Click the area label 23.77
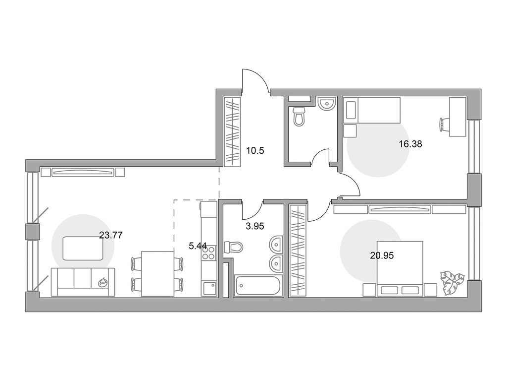click(110, 236)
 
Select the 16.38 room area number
click(410, 144)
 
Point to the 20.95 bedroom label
click(382, 255)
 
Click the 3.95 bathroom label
click(255, 226)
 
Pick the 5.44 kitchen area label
click(198, 245)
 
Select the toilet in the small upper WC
click(299, 118)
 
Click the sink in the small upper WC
click(327, 104)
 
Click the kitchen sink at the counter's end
click(209, 288)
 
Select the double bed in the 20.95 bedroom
click(400, 268)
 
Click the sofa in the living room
click(82, 282)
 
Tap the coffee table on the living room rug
click(83, 248)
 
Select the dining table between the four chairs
click(157, 274)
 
